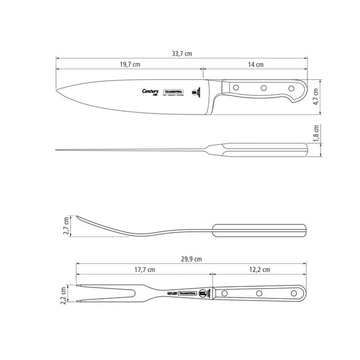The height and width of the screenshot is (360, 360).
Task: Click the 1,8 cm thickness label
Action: point(317,133)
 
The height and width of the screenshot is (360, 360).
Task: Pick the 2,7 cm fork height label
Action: point(67,226)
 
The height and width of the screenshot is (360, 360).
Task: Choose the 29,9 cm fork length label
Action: point(191,259)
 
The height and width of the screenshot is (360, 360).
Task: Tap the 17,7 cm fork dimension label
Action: point(142,269)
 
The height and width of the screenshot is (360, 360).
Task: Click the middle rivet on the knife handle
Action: point(263,88)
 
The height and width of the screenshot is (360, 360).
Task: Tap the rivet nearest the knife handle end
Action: point(292,89)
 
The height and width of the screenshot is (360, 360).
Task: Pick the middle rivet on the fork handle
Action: point(259,293)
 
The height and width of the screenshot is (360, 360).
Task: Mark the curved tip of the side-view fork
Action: point(76,215)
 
